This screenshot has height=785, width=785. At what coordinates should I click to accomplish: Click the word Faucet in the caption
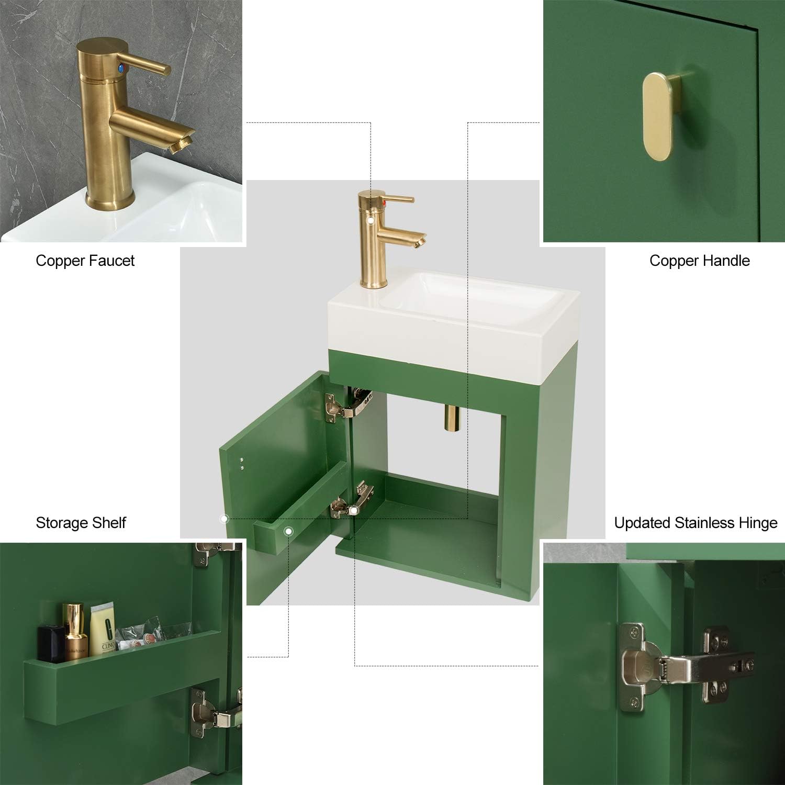pos(111,261)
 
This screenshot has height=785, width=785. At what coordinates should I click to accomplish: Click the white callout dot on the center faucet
pos(371,220)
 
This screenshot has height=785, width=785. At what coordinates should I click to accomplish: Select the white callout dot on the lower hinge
pos(354,511)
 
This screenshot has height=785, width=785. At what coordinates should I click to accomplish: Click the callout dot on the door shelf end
pos(288,532)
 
